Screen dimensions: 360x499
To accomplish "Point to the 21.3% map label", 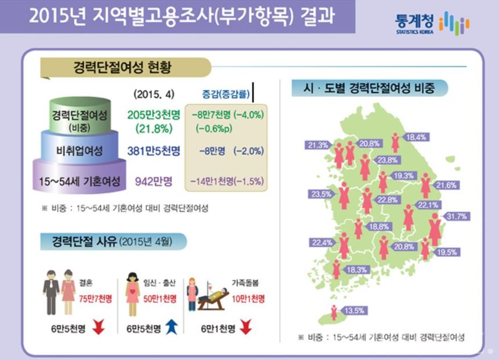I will point(318,145).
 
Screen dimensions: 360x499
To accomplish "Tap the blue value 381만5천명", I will point(153,151).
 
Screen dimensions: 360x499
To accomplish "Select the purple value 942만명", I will point(153,182).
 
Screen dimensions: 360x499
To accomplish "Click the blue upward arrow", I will point(170,329).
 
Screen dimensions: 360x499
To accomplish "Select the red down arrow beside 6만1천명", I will point(245,329).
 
